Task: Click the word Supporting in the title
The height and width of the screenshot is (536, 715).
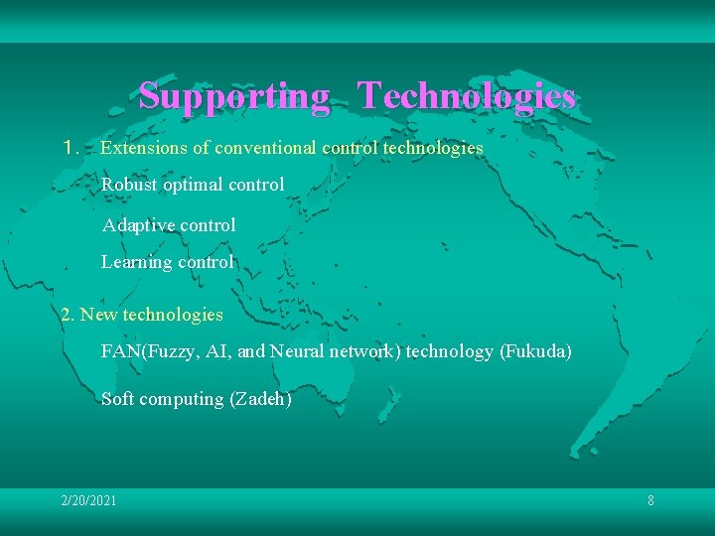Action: tap(234, 96)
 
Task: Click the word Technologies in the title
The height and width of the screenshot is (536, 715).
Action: tap(466, 96)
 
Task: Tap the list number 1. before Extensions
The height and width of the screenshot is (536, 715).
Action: tap(69, 148)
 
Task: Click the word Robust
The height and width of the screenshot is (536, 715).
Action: tap(129, 185)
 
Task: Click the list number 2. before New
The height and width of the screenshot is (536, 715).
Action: tap(68, 315)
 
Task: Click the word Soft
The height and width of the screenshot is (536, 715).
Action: tap(118, 399)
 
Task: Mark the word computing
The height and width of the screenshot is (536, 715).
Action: tap(182, 399)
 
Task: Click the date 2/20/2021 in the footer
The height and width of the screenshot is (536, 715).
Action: tap(88, 501)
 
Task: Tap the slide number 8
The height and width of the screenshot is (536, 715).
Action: tap(650, 501)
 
